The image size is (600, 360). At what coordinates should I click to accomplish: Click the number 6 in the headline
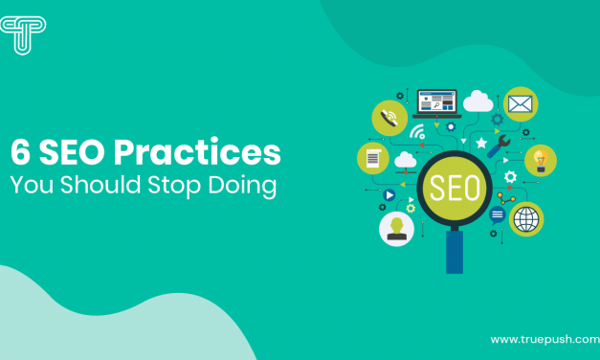point(19,153)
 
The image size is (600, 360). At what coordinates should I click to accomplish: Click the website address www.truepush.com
point(538,339)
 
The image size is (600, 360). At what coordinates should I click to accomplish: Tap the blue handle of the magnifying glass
point(454,254)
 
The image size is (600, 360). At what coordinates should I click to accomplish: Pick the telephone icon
point(389,117)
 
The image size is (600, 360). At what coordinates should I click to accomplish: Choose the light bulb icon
point(540,159)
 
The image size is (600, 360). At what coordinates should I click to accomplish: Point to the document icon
point(372,157)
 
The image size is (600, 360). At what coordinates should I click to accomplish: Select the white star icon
point(481,143)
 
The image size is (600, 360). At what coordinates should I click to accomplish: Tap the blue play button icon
point(389,194)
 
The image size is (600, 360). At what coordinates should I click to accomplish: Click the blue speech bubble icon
point(497,215)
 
